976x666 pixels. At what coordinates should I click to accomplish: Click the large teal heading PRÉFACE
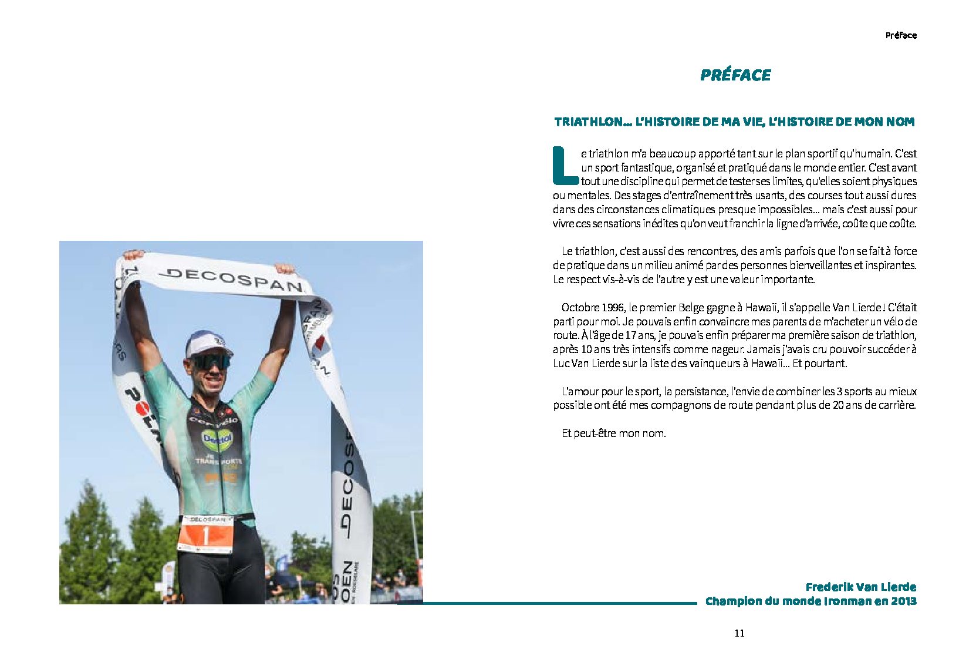(x=735, y=75)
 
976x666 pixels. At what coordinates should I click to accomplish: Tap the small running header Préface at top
(x=900, y=35)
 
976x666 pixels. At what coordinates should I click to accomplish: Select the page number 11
(x=739, y=633)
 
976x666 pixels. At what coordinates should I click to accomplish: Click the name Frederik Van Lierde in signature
(x=860, y=587)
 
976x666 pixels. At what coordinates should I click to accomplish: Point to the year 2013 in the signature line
(x=903, y=601)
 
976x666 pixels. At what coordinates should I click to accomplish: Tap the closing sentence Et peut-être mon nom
(x=613, y=433)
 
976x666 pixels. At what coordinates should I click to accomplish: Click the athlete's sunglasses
(x=210, y=361)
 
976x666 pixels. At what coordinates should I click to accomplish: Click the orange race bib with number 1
(x=205, y=534)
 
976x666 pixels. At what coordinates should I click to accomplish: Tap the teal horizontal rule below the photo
(x=558, y=603)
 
